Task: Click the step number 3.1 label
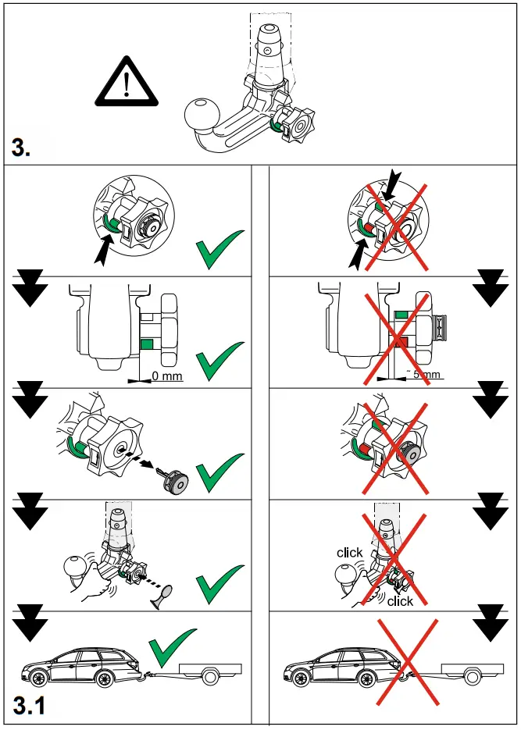pyautogui.click(x=30, y=706)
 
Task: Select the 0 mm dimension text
pyautogui.click(x=166, y=377)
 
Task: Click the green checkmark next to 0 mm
pyautogui.click(x=219, y=360)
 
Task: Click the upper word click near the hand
pyautogui.click(x=349, y=553)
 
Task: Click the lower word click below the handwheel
pyautogui.click(x=400, y=601)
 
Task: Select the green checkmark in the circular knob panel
pyautogui.click(x=219, y=250)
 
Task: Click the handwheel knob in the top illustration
pyautogui.click(x=298, y=125)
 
